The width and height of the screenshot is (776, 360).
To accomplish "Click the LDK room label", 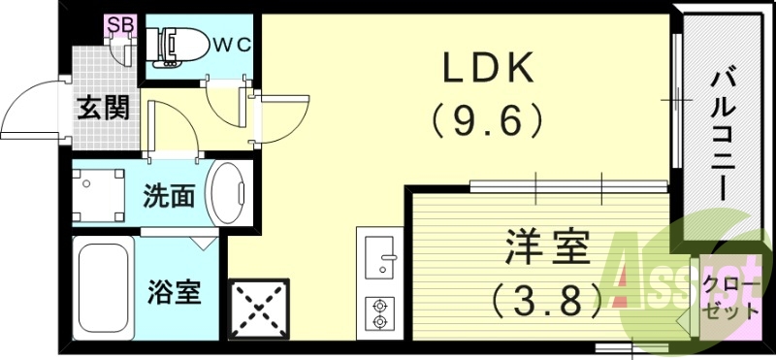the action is pos(489,68).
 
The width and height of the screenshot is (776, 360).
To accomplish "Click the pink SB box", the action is pos(121,24).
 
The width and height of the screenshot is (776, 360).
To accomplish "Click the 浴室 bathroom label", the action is pos(175,291).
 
